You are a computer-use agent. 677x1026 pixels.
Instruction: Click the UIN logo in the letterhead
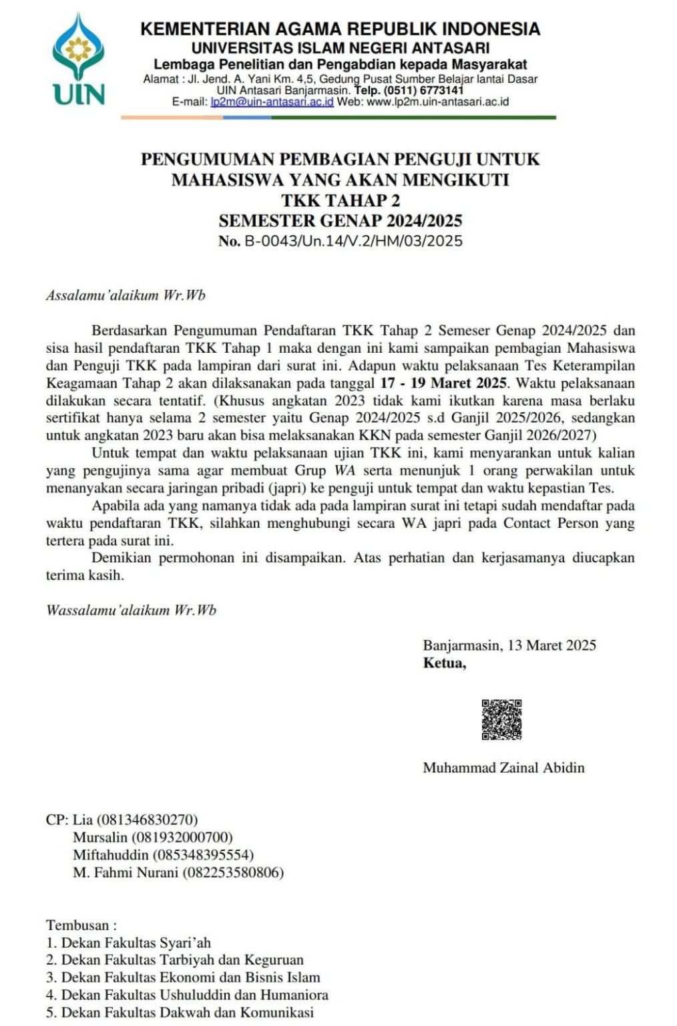pos(79,60)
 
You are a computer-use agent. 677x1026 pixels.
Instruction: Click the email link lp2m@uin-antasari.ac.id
pos(272,102)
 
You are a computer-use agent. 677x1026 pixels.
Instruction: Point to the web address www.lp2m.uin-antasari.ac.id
pos(438,102)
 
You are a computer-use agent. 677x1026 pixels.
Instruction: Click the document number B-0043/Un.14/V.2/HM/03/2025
pos(353,241)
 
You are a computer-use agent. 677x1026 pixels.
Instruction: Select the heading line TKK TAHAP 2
pos(340,200)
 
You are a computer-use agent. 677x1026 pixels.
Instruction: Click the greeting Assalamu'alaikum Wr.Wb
pos(126,295)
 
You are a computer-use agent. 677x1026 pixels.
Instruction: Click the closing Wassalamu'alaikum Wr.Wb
pos(131,610)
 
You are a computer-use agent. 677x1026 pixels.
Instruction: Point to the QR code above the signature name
pos(501,719)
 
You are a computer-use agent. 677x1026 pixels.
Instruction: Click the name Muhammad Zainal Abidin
pos(503,767)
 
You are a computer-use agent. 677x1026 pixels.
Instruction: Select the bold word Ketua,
pos(445,663)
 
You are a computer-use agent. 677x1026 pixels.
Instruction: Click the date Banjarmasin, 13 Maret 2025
pos(509,645)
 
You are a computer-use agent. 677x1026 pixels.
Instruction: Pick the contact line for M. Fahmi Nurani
pos(178,872)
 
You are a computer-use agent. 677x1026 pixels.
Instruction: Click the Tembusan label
pos(81,925)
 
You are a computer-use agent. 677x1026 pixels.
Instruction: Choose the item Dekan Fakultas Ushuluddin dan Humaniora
pos(194,995)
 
